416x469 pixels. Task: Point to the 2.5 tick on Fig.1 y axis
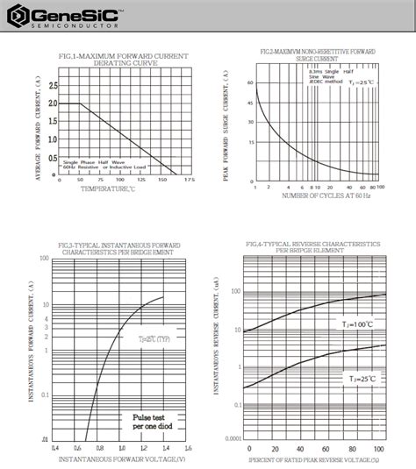(53, 86)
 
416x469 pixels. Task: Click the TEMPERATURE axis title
(110, 188)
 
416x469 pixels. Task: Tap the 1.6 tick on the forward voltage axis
(187, 447)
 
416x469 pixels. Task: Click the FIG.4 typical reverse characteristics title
(313, 245)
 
